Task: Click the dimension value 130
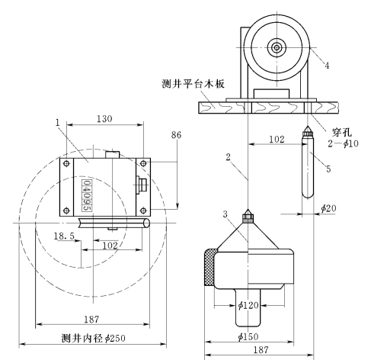pos(104,118)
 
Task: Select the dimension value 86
pos(176,135)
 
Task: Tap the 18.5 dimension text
pos(64,236)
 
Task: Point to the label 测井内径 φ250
pos(94,339)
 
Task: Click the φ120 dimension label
pos(248,305)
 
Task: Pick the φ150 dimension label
pos(248,336)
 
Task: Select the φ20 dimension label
pos(328,208)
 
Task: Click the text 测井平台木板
pos(193,84)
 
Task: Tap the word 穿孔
pos(342,133)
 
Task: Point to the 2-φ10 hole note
pos(343,143)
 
